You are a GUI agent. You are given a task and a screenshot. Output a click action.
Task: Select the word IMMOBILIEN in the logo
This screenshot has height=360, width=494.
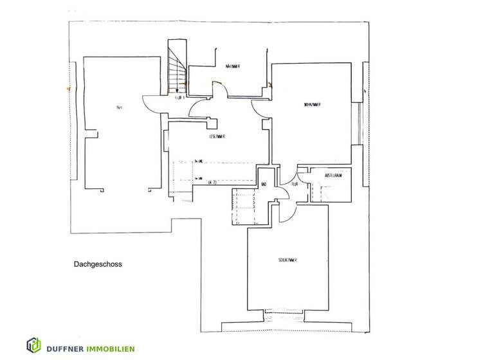click(111, 348)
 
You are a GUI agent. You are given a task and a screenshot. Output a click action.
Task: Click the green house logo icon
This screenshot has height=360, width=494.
click(34, 345)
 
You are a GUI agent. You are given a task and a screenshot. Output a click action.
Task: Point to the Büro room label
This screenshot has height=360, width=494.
click(118, 108)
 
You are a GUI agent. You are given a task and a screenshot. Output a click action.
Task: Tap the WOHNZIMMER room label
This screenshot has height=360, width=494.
click(312, 104)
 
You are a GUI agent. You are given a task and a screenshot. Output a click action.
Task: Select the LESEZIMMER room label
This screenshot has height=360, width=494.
click(216, 136)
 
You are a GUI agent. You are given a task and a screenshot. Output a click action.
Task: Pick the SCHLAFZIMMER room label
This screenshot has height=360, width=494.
click(287, 260)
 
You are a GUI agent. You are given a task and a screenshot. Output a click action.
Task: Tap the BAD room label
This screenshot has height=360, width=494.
click(264, 185)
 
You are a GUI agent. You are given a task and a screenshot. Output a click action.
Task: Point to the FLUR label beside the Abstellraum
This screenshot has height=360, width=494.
click(294, 184)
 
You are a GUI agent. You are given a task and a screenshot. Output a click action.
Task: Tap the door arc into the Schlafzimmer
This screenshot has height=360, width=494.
click(289, 209)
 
